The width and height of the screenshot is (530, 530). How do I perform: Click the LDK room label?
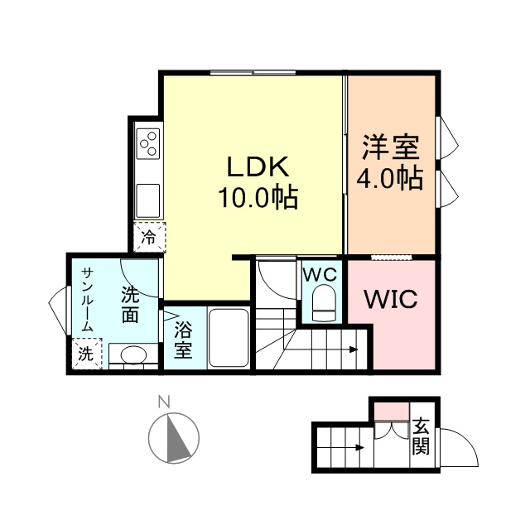tap(258, 167)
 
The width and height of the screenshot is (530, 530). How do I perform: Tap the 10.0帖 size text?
tap(258, 199)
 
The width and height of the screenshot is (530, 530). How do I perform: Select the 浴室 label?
tap(183, 339)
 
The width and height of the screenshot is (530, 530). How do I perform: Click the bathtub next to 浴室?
tap(229, 338)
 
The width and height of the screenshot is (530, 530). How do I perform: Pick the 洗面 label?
tap(130, 303)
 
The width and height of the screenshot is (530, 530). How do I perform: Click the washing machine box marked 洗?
tap(86, 354)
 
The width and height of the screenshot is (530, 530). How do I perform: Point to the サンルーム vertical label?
tap(87, 301)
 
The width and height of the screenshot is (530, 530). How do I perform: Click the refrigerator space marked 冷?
tap(149, 238)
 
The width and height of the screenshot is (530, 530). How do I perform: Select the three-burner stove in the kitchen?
tap(149, 145)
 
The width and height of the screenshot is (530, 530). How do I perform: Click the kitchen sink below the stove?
tap(149, 200)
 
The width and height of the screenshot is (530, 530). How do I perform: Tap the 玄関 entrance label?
tap(422, 438)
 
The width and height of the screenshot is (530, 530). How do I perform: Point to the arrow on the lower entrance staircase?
tap(359, 449)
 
